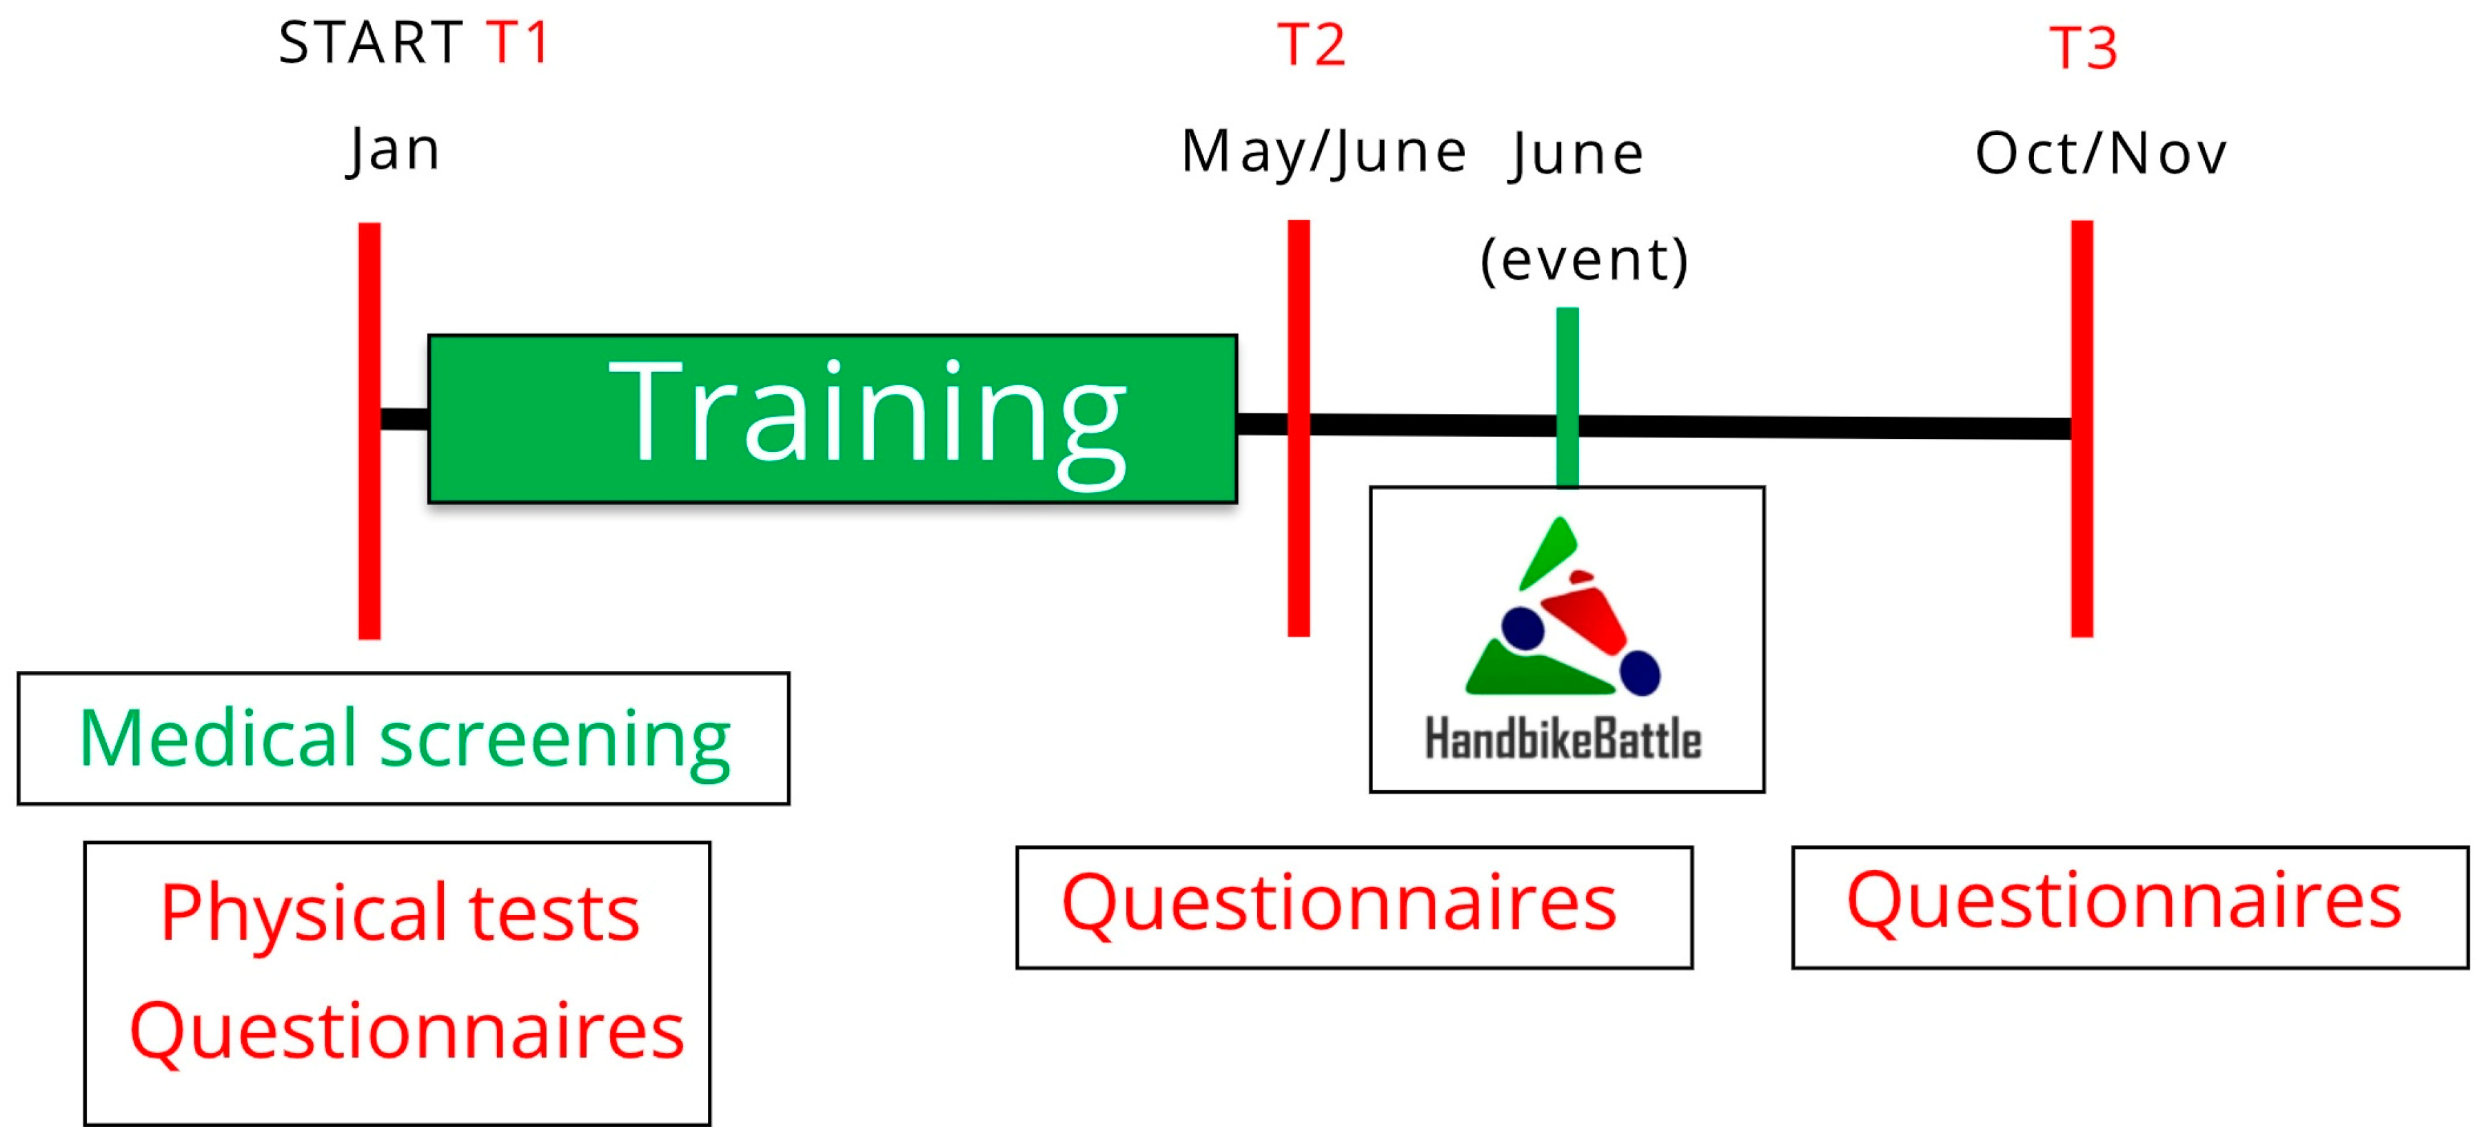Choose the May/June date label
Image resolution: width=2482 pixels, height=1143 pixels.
pos(1324,152)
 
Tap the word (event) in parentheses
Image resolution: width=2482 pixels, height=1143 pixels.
pos(1584,260)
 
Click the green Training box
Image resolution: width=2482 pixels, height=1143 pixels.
pos(833,419)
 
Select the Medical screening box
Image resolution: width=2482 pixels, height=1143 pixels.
pos(404,739)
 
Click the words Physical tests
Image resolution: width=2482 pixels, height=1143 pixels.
pos(400,912)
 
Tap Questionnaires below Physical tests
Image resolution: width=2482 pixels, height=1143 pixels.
pos(407,1031)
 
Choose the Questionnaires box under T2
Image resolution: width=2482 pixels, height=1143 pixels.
pos(1354,907)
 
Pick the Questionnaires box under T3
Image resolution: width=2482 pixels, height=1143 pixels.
pos(2130,907)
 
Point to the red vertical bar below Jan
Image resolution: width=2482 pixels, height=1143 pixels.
pos(369,431)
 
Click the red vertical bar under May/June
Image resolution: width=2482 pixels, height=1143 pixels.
pos(1299,428)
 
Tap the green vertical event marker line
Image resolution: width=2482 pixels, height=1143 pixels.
pos(1567,398)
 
